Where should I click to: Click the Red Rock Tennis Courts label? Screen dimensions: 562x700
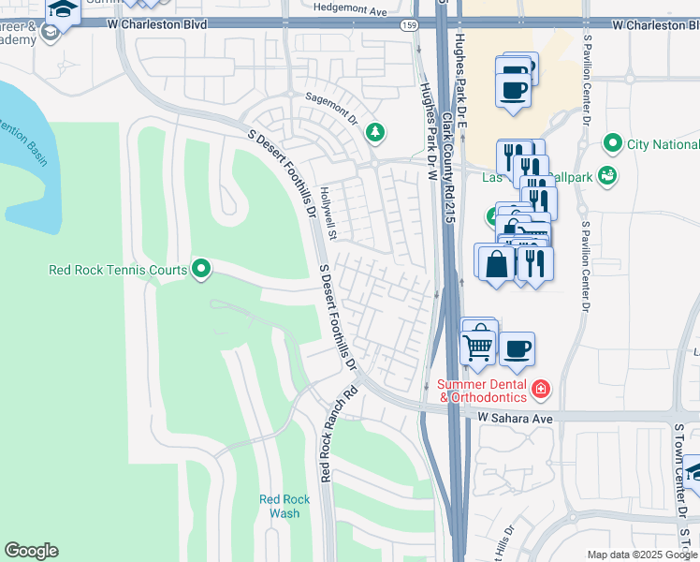[x=118, y=271]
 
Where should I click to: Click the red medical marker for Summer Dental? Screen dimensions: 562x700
[x=540, y=388]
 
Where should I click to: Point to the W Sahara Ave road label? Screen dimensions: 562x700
[x=517, y=415]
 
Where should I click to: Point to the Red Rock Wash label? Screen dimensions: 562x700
[x=280, y=506]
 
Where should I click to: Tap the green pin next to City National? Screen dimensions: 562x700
[x=613, y=143]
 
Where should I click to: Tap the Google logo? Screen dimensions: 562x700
[x=31, y=551]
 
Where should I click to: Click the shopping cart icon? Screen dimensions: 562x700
[x=479, y=347]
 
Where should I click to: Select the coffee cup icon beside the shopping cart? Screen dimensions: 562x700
[x=517, y=349]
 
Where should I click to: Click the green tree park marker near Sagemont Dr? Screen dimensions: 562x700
[x=375, y=132]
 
